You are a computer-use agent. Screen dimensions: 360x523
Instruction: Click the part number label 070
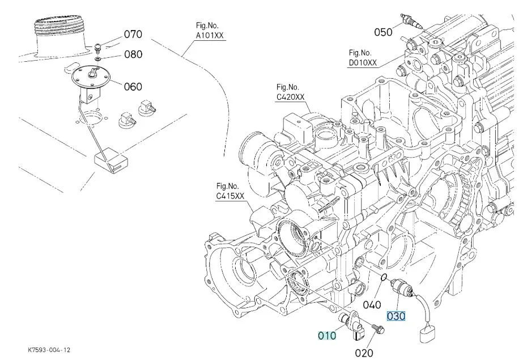point(133,35)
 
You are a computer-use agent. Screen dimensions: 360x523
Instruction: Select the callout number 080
point(133,55)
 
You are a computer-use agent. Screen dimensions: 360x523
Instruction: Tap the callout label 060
point(133,87)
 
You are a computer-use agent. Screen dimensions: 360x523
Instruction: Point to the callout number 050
point(383,32)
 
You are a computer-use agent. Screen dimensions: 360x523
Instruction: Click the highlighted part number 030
point(396,316)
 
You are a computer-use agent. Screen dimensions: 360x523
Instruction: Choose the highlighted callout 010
point(326,336)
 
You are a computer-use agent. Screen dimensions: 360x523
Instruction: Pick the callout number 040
point(372,304)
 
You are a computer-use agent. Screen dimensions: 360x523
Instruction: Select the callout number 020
point(364,353)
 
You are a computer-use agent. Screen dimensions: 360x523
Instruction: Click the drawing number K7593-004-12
point(49,351)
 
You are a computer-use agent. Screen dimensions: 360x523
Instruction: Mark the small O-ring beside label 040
point(384,277)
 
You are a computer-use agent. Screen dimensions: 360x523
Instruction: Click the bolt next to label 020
point(376,327)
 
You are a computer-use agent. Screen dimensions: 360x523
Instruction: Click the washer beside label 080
point(98,58)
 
